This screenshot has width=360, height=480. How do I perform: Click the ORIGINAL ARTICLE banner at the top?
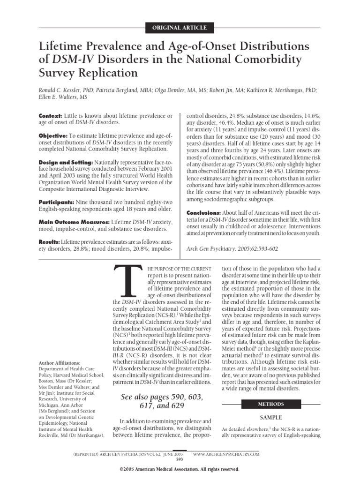pos(180,28)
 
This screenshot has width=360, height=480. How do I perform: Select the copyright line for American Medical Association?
pos(180,469)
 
